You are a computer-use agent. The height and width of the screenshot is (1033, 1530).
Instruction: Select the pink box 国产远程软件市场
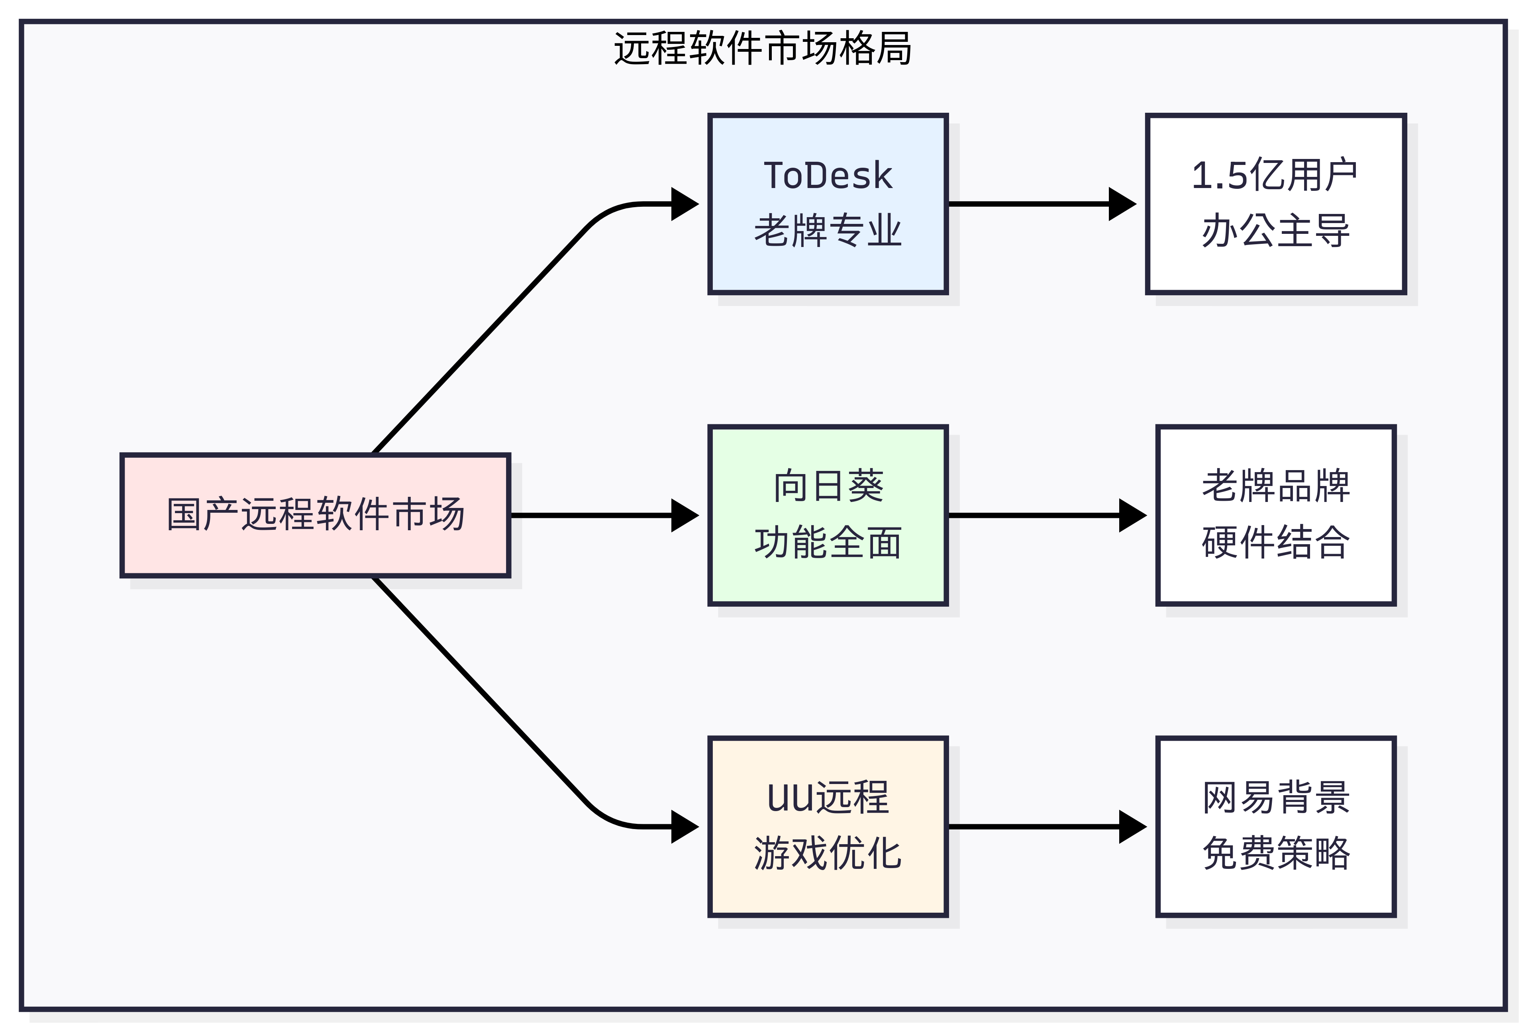(x=315, y=515)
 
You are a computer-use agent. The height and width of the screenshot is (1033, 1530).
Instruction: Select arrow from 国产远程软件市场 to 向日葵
(x=592, y=515)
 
